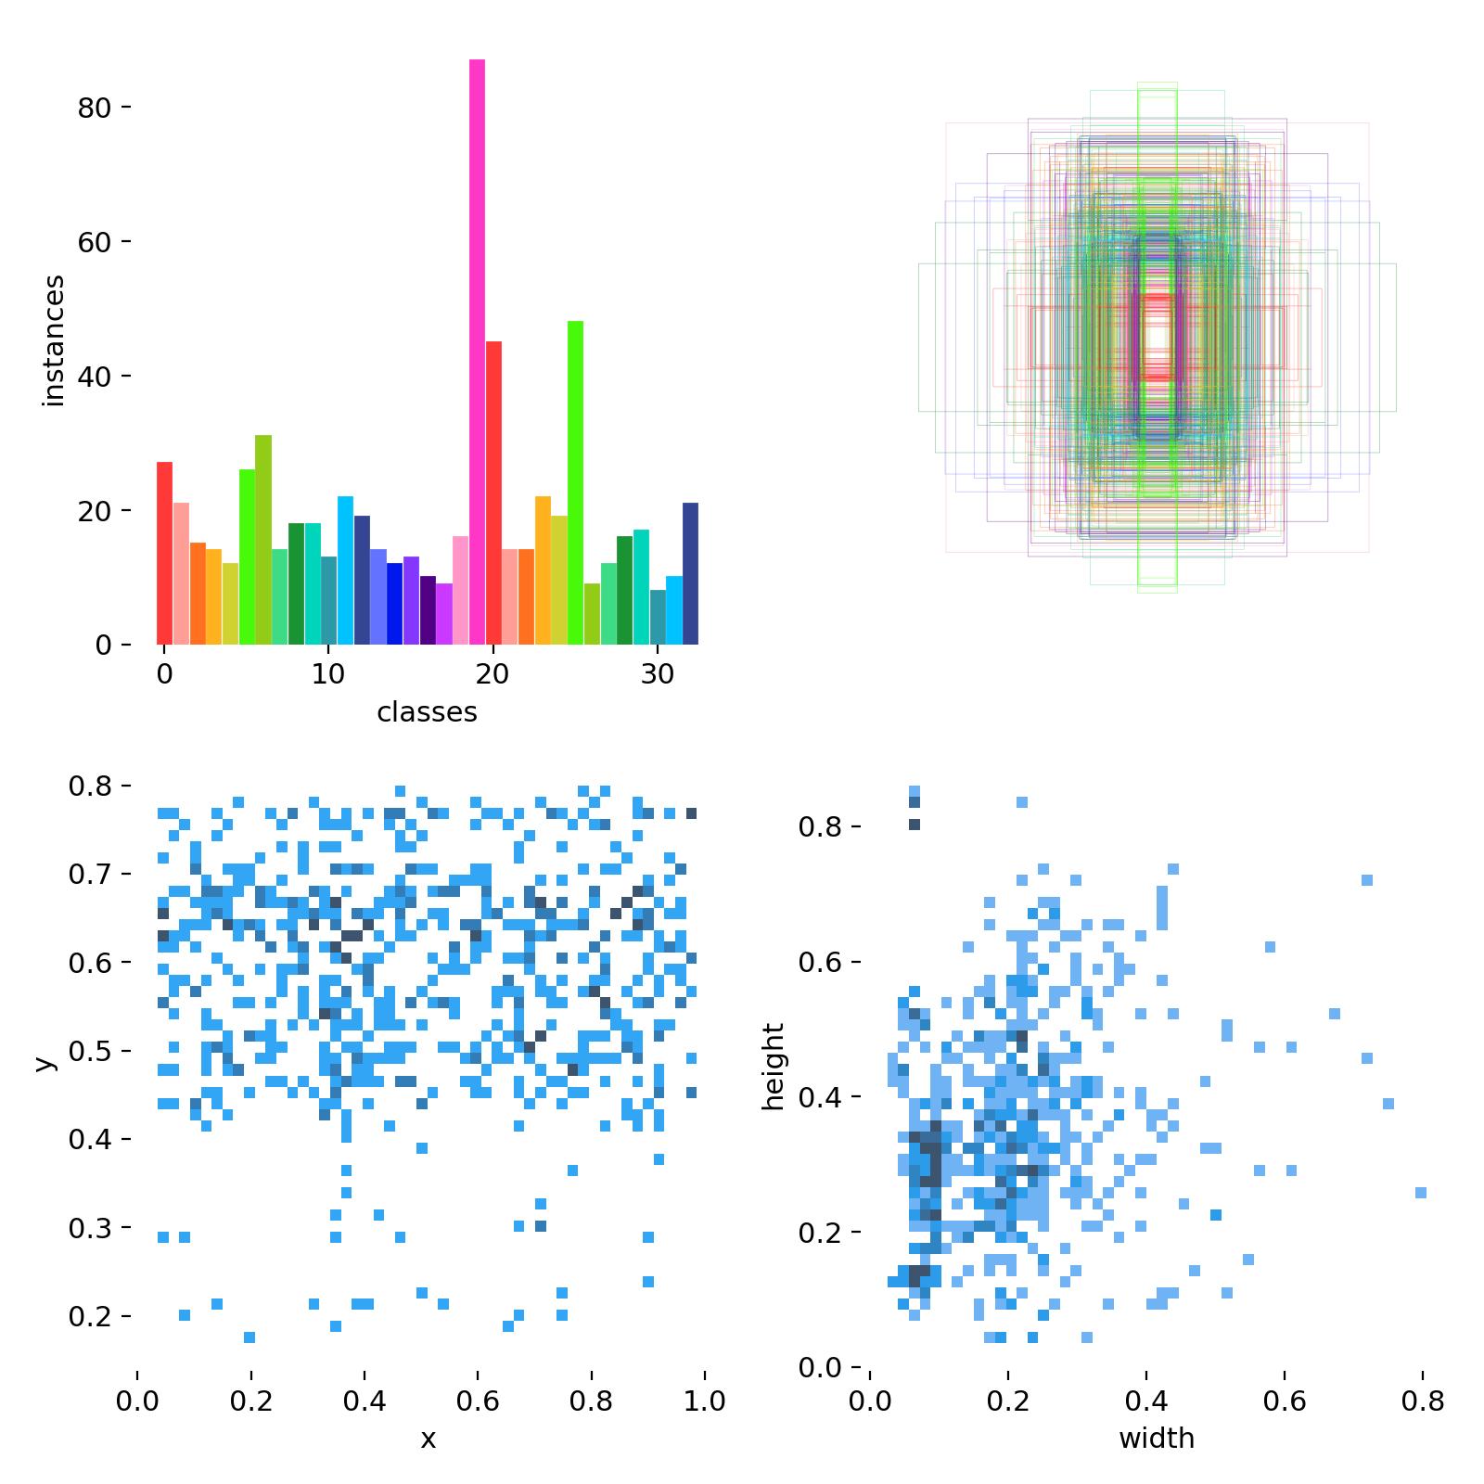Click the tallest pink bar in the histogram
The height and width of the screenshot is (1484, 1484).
click(477, 352)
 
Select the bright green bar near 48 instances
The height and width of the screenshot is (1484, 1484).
click(575, 482)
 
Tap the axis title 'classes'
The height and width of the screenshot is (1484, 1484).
click(427, 712)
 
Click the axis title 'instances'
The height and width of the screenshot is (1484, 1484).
click(54, 340)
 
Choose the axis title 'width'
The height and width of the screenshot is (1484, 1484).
click(1157, 1439)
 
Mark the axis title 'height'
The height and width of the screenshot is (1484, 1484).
click(773, 1067)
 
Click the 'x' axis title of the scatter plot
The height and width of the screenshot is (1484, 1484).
click(428, 1439)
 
